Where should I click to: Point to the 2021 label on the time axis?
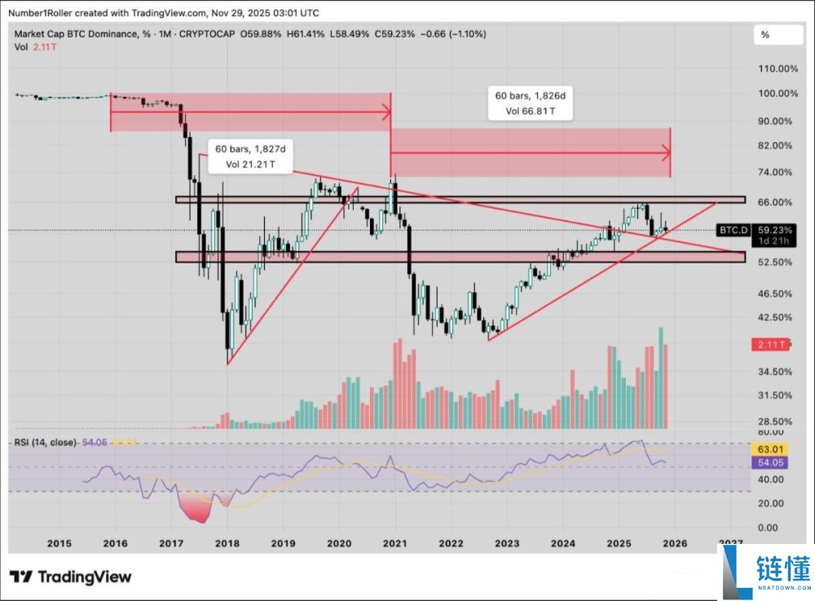tap(395, 543)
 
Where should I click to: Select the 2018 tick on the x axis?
tap(227, 543)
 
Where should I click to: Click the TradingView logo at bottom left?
tap(70, 577)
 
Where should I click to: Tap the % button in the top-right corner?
tap(765, 35)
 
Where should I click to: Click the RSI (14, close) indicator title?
tap(46, 442)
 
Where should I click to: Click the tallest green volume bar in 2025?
tap(661, 378)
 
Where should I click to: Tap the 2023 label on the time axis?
tap(507, 543)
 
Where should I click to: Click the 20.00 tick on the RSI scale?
tap(770, 504)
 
